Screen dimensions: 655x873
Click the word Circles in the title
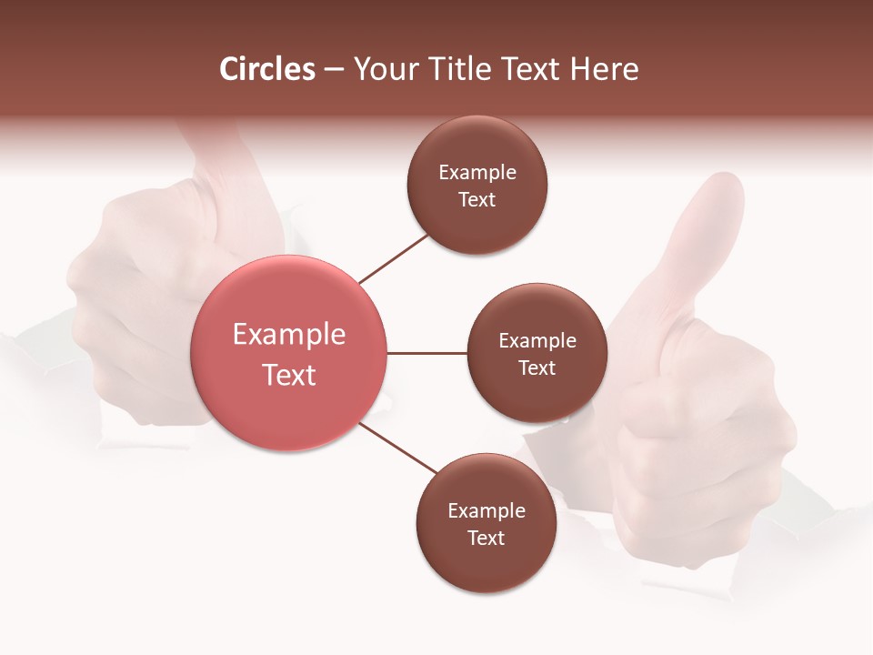click(267, 69)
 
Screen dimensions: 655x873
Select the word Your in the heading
click(383, 69)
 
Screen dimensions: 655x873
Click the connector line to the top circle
click(394, 258)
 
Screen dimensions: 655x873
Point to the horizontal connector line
click(426, 353)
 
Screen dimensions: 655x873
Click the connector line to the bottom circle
click(398, 448)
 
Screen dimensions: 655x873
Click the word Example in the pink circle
click(289, 335)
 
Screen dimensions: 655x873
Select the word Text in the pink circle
click(289, 375)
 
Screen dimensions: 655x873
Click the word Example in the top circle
click(477, 173)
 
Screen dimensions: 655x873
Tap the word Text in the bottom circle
click(487, 538)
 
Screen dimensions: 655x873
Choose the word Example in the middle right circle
click(537, 341)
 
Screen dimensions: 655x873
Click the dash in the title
click(334, 70)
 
